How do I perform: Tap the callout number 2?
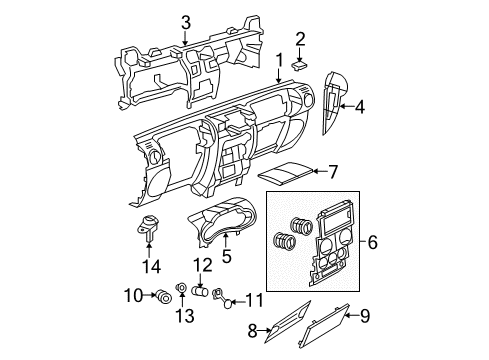pos(301,38)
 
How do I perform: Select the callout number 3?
pos(185,21)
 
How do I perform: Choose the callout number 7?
pos(334,172)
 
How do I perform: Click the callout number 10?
pos(132,294)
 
